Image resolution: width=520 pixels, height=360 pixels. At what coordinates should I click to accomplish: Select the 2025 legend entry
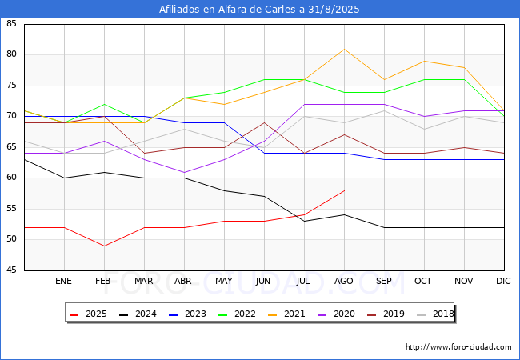(x=88, y=314)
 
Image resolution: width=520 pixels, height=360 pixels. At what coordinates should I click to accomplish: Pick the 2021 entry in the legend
(x=286, y=314)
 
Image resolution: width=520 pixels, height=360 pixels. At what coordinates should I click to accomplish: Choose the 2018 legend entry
(x=435, y=314)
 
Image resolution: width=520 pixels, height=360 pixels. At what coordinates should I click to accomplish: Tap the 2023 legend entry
(x=187, y=314)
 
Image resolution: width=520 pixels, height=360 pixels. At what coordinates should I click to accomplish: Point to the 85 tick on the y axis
(x=11, y=23)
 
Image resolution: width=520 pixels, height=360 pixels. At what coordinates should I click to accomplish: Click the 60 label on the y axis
(x=11, y=178)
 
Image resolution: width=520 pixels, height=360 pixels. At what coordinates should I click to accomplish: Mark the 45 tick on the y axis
(x=11, y=270)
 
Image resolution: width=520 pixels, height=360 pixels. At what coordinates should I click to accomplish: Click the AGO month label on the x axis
(x=343, y=281)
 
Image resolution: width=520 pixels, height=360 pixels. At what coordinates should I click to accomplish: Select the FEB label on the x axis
(x=103, y=281)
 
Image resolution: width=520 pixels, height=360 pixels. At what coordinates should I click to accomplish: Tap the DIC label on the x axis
(x=503, y=281)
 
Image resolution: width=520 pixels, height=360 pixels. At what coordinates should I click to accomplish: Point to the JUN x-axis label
(x=263, y=281)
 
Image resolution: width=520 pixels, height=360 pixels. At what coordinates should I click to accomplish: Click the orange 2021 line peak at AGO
(x=344, y=49)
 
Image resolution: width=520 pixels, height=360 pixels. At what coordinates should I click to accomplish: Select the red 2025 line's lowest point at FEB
(x=105, y=246)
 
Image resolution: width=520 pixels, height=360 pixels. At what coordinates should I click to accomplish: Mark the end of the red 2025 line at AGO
(x=344, y=190)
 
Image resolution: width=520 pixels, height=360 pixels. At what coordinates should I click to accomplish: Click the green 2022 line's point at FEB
(x=105, y=105)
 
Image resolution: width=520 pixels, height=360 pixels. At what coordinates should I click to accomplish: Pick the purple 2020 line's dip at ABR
(x=184, y=172)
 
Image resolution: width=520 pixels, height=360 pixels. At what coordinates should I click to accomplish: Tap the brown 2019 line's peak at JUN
(x=264, y=122)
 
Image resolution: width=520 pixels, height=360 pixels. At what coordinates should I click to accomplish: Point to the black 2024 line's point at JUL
(x=305, y=221)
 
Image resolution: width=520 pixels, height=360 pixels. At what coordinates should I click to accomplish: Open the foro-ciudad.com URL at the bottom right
(x=458, y=346)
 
